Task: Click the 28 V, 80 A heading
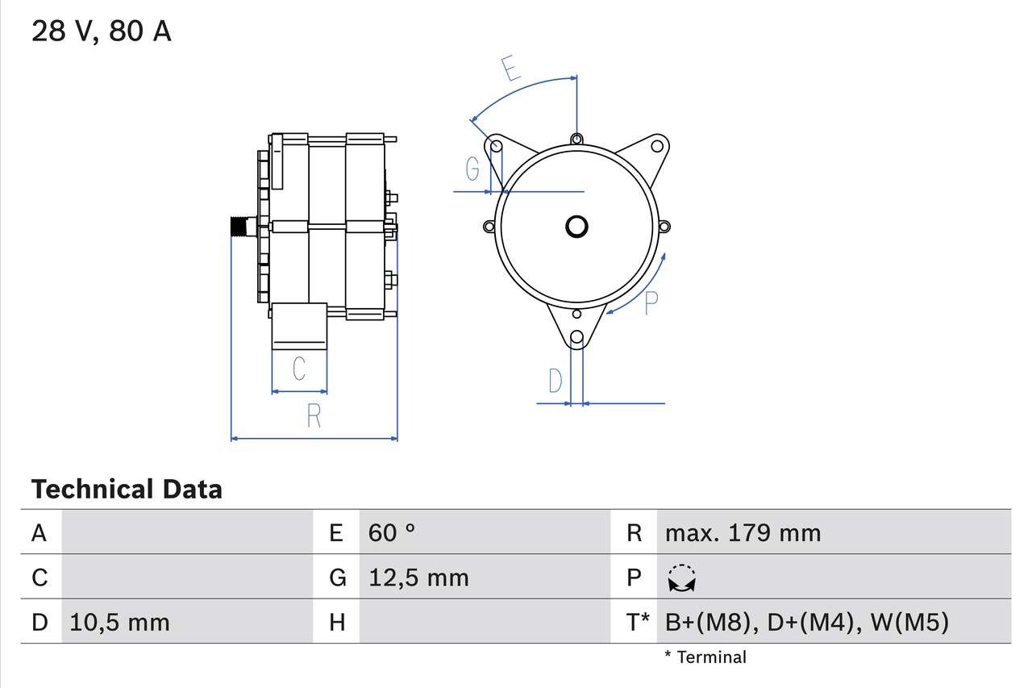pyautogui.click(x=102, y=31)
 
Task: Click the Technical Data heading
pyautogui.click(x=127, y=489)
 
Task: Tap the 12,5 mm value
pyautogui.click(x=418, y=578)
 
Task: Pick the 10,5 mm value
pyautogui.click(x=119, y=622)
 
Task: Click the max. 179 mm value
pyautogui.click(x=743, y=532)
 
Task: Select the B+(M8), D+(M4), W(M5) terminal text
pyautogui.click(x=807, y=622)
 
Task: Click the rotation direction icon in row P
pyautogui.click(x=682, y=578)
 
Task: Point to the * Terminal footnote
pyautogui.click(x=705, y=657)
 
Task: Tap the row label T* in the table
pyautogui.click(x=638, y=622)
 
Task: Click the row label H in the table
pyautogui.click(x=337, y=622)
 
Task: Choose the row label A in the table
pyautogui.click(x=39, y=532)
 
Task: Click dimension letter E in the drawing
pyautogui.click(x=510, y=69)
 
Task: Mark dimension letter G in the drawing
pyautogui.click(x=473, y=169)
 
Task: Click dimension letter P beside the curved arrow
pyautogui.click(x=651, y=302)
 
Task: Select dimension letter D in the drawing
pyautogui.click(x=556, y=380)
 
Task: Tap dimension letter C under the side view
pyautogui.click(x=298, y=369)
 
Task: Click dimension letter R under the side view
pyautogui.click(x=314, y=415)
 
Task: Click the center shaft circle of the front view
pyautogui.click(x=576, y=227)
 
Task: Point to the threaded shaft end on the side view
pyautogui.click(x=239, y=227)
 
